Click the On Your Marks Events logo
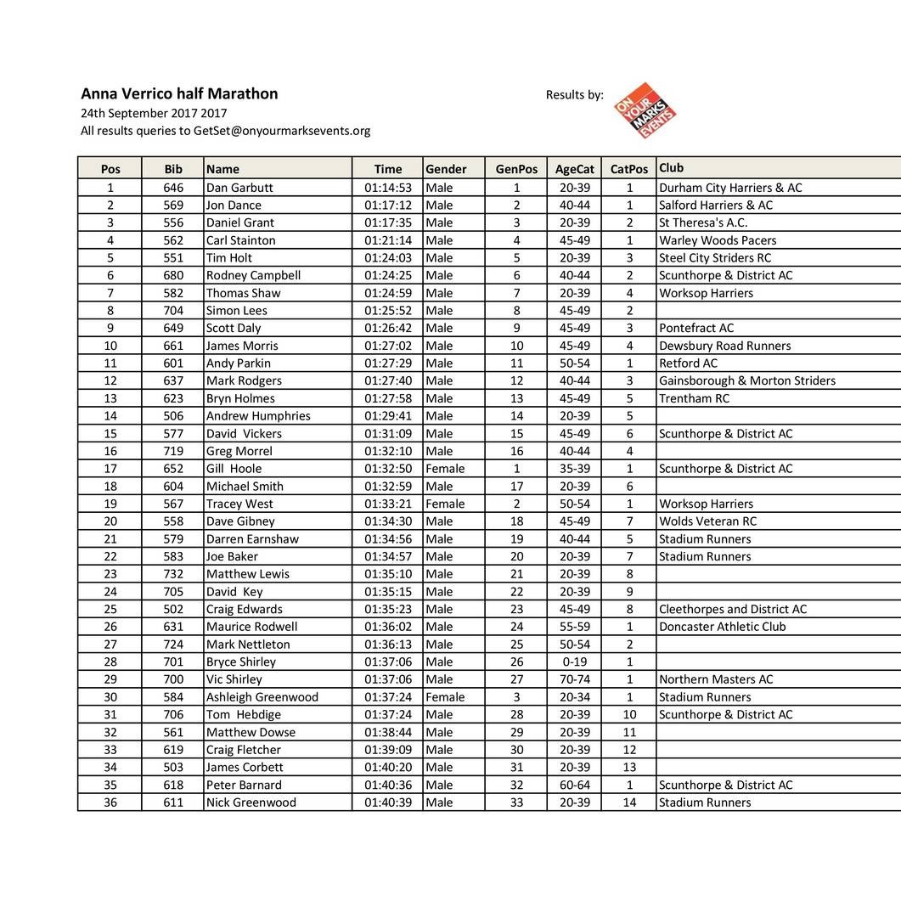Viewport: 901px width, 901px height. click(x=645, y=110)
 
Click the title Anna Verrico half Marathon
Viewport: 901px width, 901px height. click(x=179, y=94)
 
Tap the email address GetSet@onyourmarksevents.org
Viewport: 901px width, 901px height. click(x=282, y=131)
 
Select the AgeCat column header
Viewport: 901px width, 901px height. click(x=574, y=169)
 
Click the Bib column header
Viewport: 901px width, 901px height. click(x=173, y=169)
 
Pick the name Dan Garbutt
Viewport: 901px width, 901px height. click(x=239, y=188)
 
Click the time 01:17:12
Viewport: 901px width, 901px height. click(x=387, y=206)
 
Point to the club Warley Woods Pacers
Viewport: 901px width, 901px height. click(x=718, y=240)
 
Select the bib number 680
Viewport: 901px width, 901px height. click(x=173, y=275)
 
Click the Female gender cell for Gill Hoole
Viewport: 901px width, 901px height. click(x=445, y=469)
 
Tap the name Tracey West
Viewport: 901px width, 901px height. click(x=239, y=504)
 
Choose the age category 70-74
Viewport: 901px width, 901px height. click(x=574, y=679)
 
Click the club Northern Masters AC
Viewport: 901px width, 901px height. click(x=716, y=679)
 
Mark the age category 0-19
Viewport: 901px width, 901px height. click(x=574, y=662)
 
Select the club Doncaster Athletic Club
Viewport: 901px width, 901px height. click(x=722, y=627)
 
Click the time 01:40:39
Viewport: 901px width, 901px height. click(x=387, y=802)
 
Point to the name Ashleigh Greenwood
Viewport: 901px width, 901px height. click(x=262, y=697)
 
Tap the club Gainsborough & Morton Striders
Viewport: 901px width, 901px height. click(x=746, y=380)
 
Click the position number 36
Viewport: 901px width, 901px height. click(x=110, y=802)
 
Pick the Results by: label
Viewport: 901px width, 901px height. click(x=574, y=95)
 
